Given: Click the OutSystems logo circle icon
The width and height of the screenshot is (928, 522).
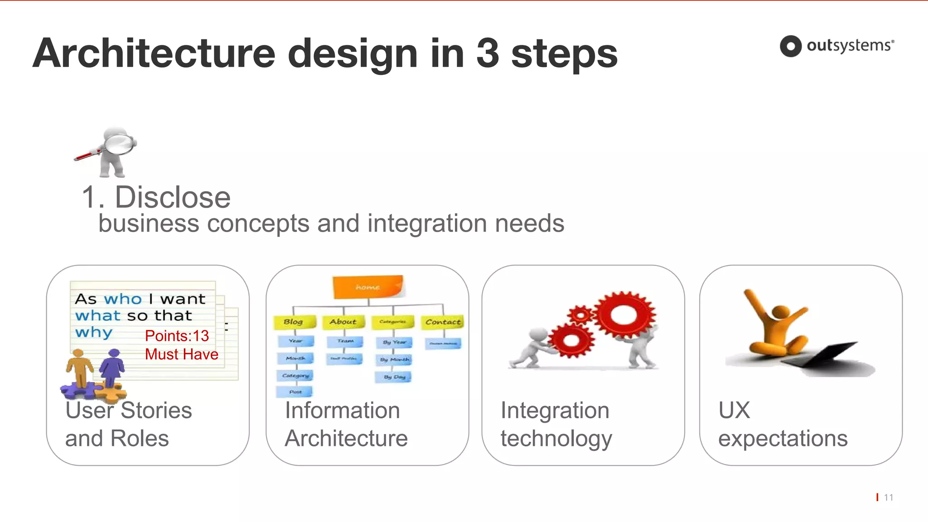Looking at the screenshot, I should [791, 46].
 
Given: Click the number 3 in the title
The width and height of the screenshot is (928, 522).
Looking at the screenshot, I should [488, 53].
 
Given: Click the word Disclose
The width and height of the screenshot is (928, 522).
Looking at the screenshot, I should [172, 198].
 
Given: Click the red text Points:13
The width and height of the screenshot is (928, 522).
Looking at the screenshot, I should [177, 336].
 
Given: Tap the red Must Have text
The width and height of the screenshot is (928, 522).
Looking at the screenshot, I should [181, 354].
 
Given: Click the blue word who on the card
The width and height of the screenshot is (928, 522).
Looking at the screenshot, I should [123, 299].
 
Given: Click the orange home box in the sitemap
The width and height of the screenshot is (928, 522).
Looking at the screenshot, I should [367, 287].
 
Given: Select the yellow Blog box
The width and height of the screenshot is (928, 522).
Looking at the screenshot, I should [294, 322].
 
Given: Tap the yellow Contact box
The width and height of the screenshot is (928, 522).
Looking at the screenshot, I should [443, 322].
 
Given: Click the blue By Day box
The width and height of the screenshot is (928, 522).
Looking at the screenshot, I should [393, 377].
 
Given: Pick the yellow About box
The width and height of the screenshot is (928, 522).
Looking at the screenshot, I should [343, 322].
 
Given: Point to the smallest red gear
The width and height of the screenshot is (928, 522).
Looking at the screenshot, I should [580, 314].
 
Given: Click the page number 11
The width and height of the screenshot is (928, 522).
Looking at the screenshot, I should [888, 498].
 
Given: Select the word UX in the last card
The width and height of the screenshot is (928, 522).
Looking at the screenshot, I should [734, 411].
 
